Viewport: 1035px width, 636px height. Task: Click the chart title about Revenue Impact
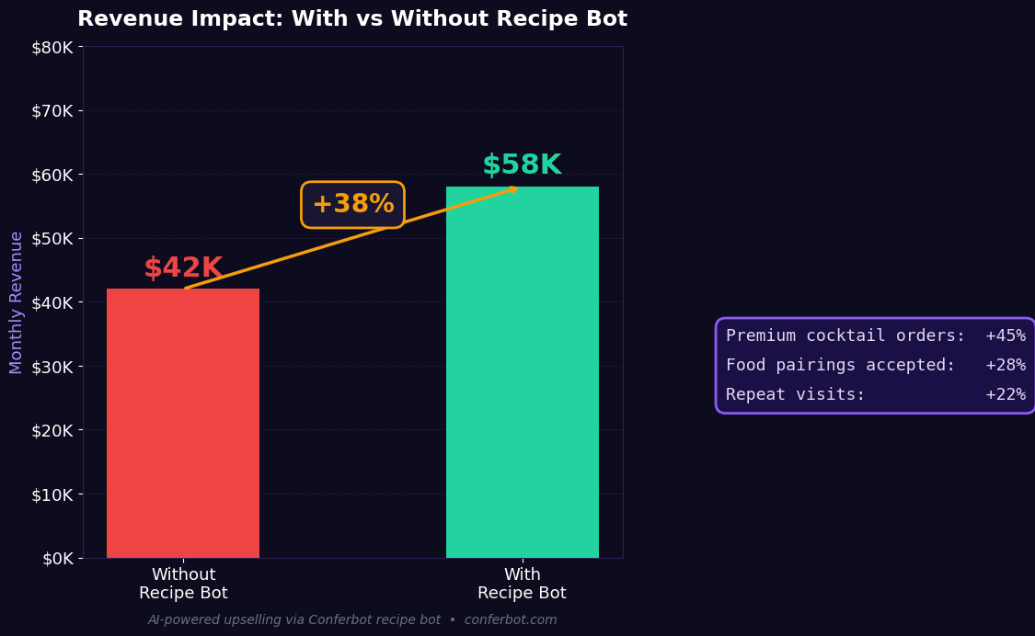click(x=352, y=19)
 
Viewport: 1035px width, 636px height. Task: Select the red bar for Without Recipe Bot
click(x=183, y=423)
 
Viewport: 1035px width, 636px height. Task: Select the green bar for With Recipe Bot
click(x=523, y=372)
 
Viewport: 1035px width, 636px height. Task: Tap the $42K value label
click(x=183, y=268)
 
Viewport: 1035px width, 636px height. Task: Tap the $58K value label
click(x=522, y=165)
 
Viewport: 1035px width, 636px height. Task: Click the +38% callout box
click(x=352, y=204)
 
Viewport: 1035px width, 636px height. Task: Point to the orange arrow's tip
click(x=516, y=188)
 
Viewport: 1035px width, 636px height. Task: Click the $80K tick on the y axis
click(x=57, y=47)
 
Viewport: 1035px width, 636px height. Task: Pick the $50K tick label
click(x=57, y=239)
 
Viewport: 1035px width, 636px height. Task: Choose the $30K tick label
click(x=57, y=367)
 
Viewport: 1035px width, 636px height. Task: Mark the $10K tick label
click(x=57, y=494)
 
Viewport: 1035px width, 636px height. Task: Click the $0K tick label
click(x=61, y=558)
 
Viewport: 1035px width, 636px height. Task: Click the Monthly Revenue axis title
click(x=17, y=302)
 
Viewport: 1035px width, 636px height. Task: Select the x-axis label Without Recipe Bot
click(x=183, y=585)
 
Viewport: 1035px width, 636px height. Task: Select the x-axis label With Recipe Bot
click(x=522, y=585)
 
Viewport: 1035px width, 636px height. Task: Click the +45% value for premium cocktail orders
click(x=1005, y=336)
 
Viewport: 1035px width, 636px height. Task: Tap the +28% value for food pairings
click(x=1005, y=366)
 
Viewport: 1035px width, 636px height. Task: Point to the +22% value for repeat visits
click(x=1005, y=395)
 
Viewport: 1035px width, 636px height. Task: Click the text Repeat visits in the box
click(x=795, y=395)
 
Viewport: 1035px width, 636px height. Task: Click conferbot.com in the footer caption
click(x=511, y=620)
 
